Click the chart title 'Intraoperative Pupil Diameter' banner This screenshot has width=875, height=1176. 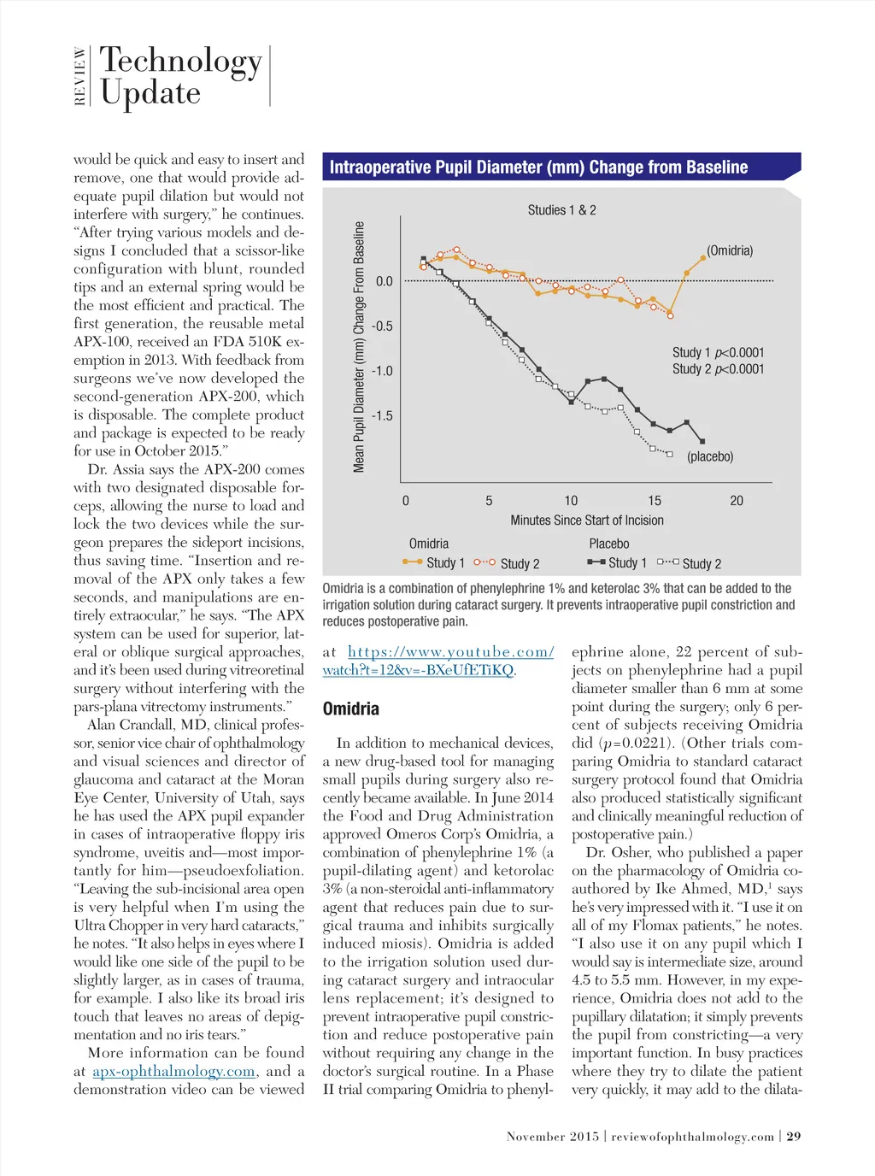pyautogui.click(x=538, y=168)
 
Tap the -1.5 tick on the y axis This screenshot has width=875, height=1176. pyautogui.click(x=382, y=416)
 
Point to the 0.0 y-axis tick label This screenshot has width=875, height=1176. pyautogui.click(x=384, y=281)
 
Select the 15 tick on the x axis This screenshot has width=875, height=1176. pyautogui.click(x=654, y=501)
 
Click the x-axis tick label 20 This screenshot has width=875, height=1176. pyautogui.click(x=737, y=501)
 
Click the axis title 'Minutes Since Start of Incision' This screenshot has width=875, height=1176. pyautogui.click(x=587, y=520)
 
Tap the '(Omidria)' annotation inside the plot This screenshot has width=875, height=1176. pyautogui.click(x=730, y=250)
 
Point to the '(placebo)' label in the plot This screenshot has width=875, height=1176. pyautogui.click(x=710, y=456)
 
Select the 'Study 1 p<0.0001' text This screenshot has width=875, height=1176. pyautogui.click(x=718, y=352)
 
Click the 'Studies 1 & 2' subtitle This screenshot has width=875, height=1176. pyautogui.click(x=561, y=210)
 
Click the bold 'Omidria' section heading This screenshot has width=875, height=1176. pyautogui.click(x=350, y=709)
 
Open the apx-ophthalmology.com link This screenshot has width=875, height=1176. pyautogui.click(x=174, y=1072)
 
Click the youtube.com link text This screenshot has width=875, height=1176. pyautogui.click(x=450, y=652)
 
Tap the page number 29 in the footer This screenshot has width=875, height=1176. pyautogui.click(x=794, y=1137)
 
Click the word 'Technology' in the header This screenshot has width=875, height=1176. pyautogui.click(x=181, y=61)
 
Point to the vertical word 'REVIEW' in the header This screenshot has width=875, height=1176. pyautogui.click(x=80, y=76)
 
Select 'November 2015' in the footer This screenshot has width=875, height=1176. pyautogui.click(x=552, y=1137)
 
